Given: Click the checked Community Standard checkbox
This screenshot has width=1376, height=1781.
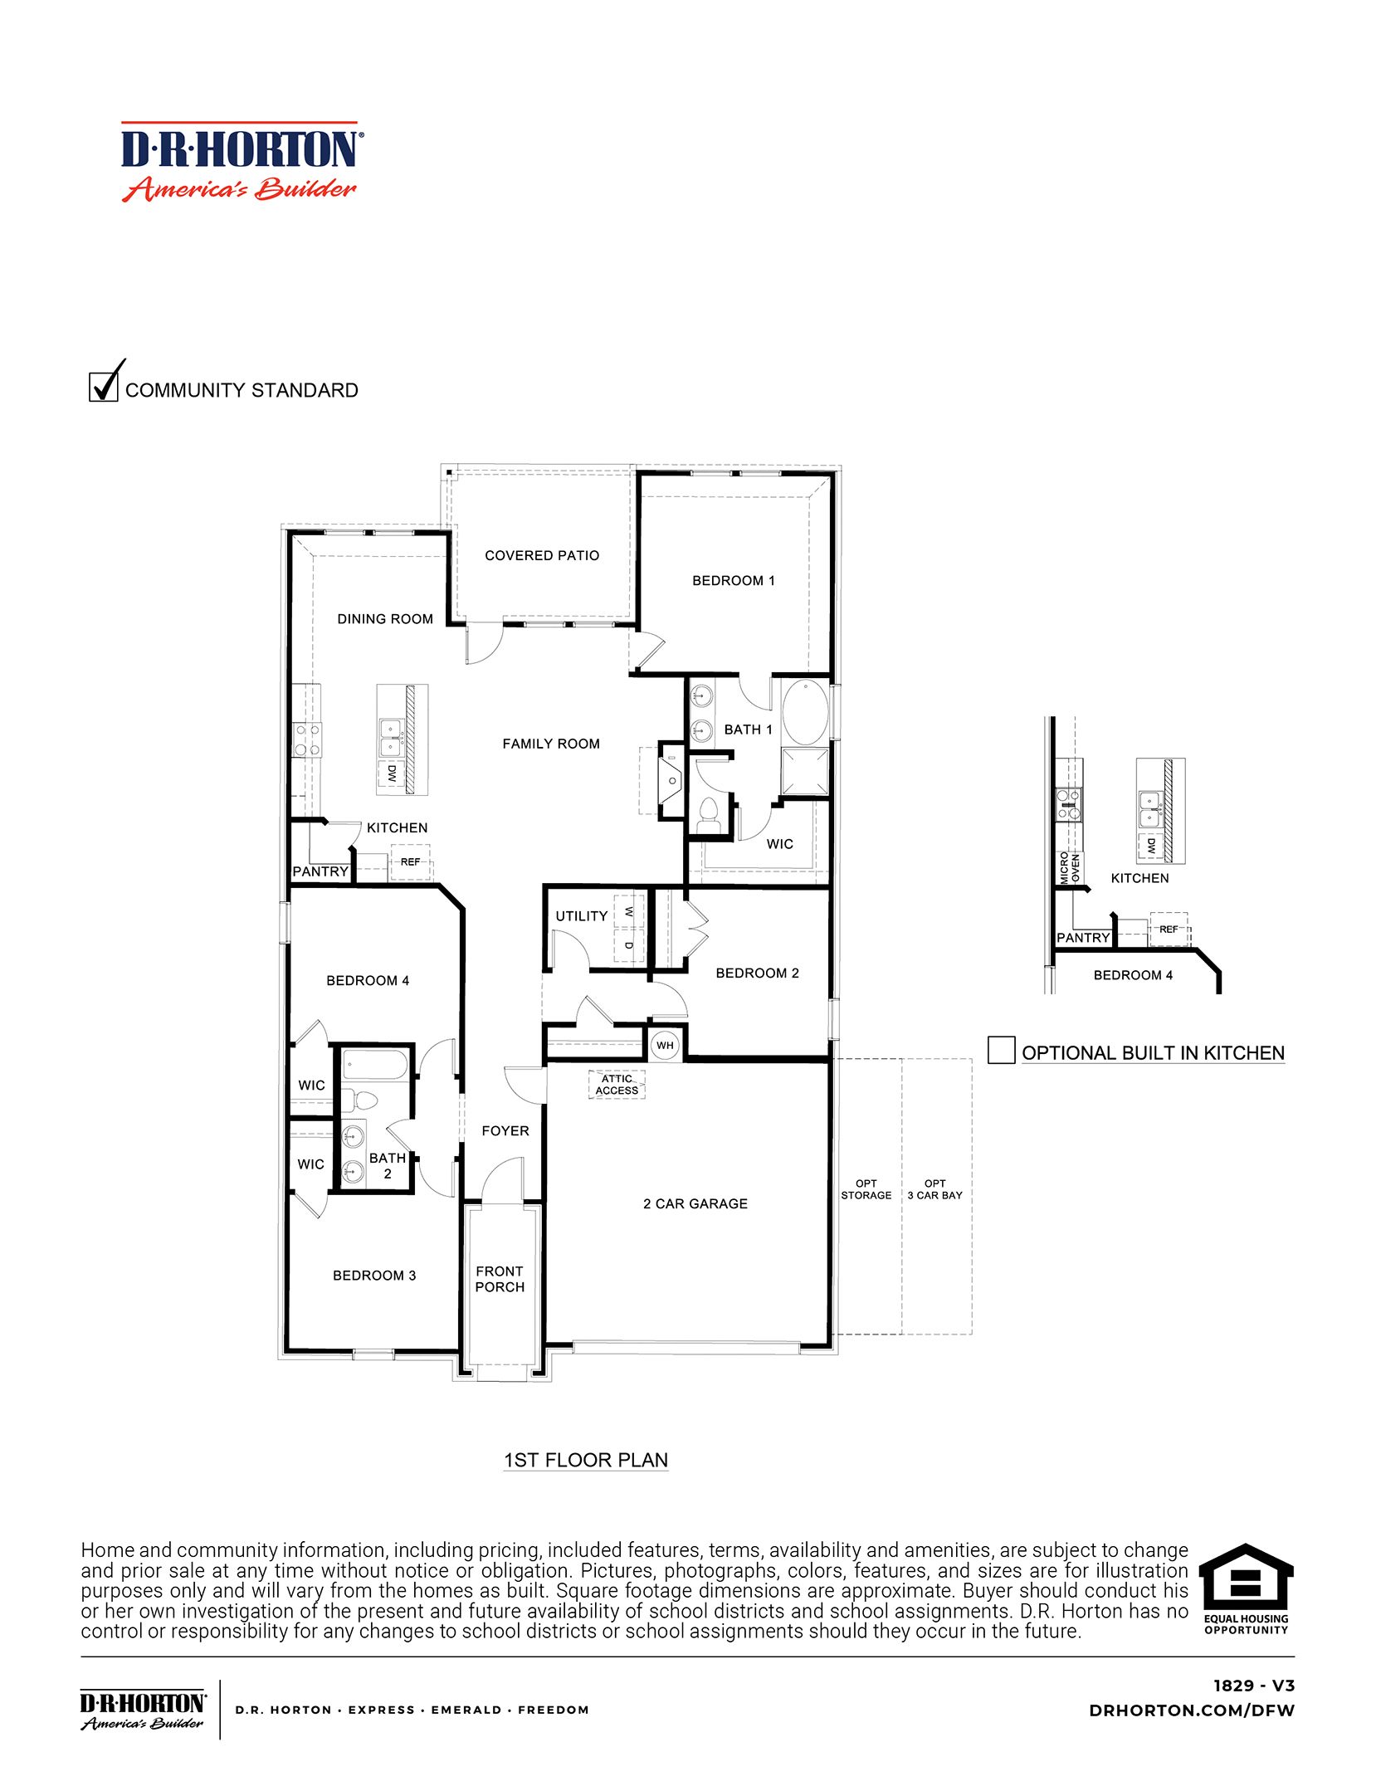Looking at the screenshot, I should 103,387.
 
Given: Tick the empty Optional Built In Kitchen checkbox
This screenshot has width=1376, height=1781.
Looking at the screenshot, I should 1001,1050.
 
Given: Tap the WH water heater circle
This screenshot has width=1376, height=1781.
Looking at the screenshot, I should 665,1045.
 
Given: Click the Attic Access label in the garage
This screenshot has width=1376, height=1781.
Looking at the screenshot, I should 617,1085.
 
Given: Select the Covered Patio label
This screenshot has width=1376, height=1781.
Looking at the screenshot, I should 542,556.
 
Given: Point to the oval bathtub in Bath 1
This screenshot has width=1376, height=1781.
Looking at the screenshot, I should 805,713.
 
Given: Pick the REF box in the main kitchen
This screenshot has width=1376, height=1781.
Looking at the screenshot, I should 410,862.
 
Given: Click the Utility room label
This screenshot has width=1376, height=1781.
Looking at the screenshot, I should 581,916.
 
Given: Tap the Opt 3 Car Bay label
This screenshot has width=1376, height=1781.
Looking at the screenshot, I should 934,1189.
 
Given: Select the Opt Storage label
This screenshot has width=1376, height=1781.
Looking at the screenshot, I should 866,1189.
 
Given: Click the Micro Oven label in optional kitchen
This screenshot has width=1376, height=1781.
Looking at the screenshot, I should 1070,868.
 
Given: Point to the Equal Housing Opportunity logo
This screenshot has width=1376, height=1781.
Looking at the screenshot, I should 1246,1589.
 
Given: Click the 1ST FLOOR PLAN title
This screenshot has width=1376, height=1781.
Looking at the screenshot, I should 586,1461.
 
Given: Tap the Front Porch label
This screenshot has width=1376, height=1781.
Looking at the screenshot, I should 500,1279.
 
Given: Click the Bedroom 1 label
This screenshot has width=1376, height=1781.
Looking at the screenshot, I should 734,581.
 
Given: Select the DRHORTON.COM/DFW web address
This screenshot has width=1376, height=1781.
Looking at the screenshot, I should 1191,1710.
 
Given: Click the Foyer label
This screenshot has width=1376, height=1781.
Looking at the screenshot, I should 505,1131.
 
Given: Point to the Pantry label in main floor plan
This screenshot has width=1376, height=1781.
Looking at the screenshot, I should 320,871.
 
